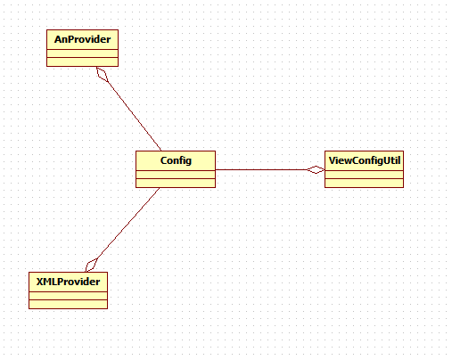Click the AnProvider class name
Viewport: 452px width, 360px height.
pos(82,39)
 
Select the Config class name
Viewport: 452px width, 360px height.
pos(176,160)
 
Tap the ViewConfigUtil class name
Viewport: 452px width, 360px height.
pos(365,160)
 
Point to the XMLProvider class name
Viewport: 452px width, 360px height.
pos(68,282)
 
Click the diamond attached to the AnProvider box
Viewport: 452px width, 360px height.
pos(103,74)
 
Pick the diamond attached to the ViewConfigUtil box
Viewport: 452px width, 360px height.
pos(316,169)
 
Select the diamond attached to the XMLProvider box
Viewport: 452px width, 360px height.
pos(92,265)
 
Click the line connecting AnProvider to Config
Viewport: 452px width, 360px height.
pos(135,116)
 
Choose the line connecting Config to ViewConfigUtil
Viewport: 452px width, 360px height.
pos(261,169)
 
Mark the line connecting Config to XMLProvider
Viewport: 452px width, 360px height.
pos(128,223)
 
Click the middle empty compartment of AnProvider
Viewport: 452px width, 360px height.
pos(82,53)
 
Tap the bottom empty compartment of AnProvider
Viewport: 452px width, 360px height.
pos(82,61)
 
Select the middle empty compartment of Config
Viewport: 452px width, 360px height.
pos(176,175)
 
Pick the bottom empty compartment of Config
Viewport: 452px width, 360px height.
pos(176,183)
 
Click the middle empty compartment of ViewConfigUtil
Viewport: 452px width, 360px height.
pos(364,175)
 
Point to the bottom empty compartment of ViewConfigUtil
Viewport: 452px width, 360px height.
pos(364,183)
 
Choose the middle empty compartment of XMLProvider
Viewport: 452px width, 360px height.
pos(68,296)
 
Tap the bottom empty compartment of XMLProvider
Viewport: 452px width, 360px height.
pos(68,304)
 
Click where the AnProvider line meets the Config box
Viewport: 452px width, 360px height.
pos(161,151)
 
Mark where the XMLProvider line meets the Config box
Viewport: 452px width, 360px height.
pos(160,188)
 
